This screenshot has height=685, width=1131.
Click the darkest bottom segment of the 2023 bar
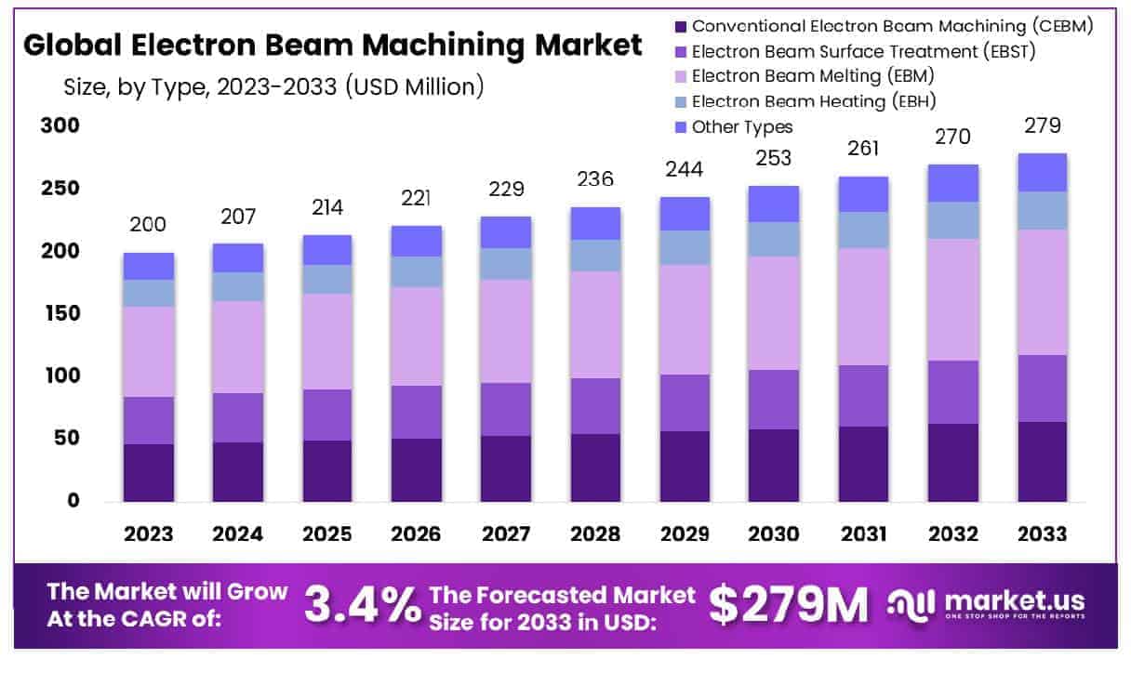coord(148,472)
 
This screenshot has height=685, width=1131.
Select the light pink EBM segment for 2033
coord(1041,292)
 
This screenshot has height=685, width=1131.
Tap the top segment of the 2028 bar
coord(595,223)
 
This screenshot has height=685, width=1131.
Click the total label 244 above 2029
coord(685,169)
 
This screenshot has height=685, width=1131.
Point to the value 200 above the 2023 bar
coord(148,224)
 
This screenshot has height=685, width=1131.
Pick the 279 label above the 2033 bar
coord(1041,125)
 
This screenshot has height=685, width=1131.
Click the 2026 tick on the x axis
coord(417,534)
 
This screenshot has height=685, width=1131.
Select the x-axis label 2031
coord(863,534)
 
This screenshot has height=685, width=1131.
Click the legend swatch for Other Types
coord(680,126)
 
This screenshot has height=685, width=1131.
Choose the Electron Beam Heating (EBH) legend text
coord(814,101)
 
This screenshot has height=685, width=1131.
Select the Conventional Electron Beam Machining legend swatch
coord(680,26)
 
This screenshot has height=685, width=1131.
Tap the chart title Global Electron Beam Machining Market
coord(332,45)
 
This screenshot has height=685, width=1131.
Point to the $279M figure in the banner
coord(788,604)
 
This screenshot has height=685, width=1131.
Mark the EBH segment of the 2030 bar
coord(774,239)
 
